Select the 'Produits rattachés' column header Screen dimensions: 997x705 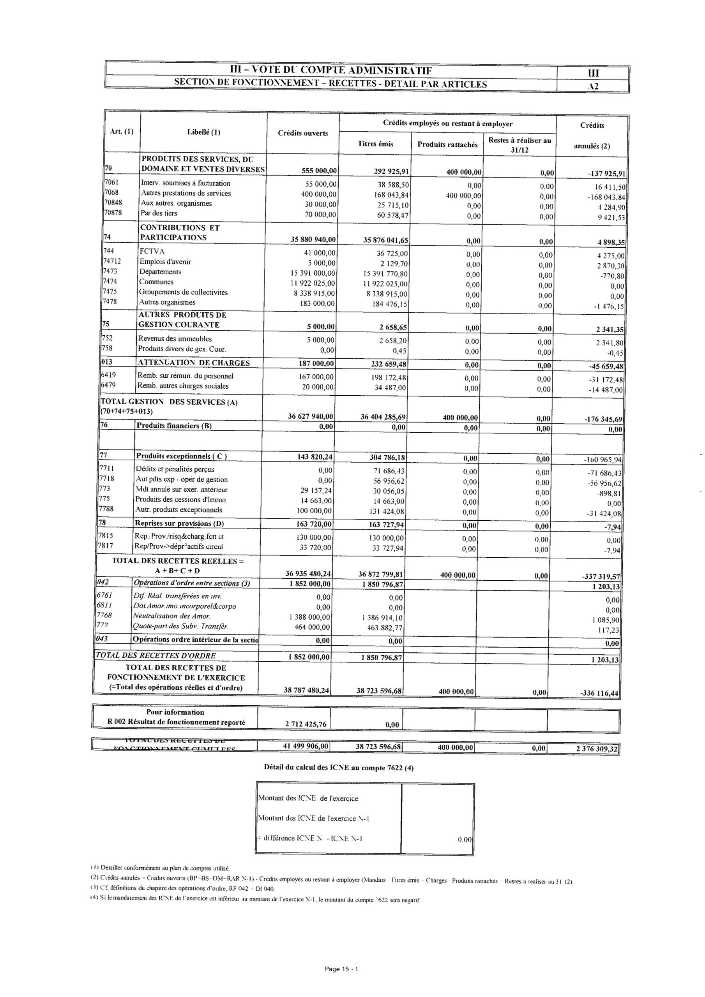click(447, 144)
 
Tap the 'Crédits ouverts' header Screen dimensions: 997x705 click(302, 133)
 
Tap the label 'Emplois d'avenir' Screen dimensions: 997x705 click(165, 262)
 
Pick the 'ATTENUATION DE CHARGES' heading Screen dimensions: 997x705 click(194, 363)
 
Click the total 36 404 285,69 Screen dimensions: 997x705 click(384, 417)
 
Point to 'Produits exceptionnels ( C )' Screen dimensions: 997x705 click(181, 456)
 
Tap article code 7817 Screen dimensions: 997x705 click(106, 546)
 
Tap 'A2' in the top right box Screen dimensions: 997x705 click(593, 86)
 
